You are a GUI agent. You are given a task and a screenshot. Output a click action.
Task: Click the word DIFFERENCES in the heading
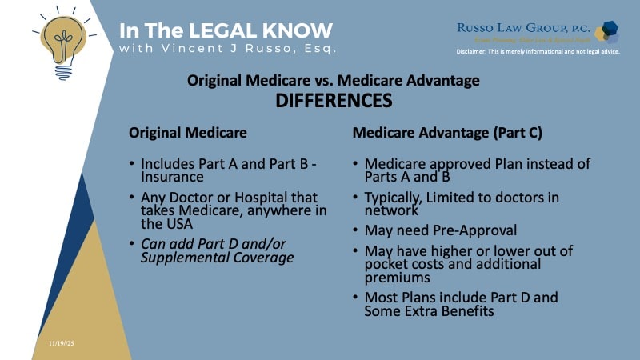click(333, 101)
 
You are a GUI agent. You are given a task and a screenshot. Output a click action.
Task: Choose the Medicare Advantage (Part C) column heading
click(447, 133)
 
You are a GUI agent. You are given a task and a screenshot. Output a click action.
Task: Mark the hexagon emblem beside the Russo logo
click(610, 32)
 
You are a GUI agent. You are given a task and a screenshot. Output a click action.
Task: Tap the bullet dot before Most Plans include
click(355, 298)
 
